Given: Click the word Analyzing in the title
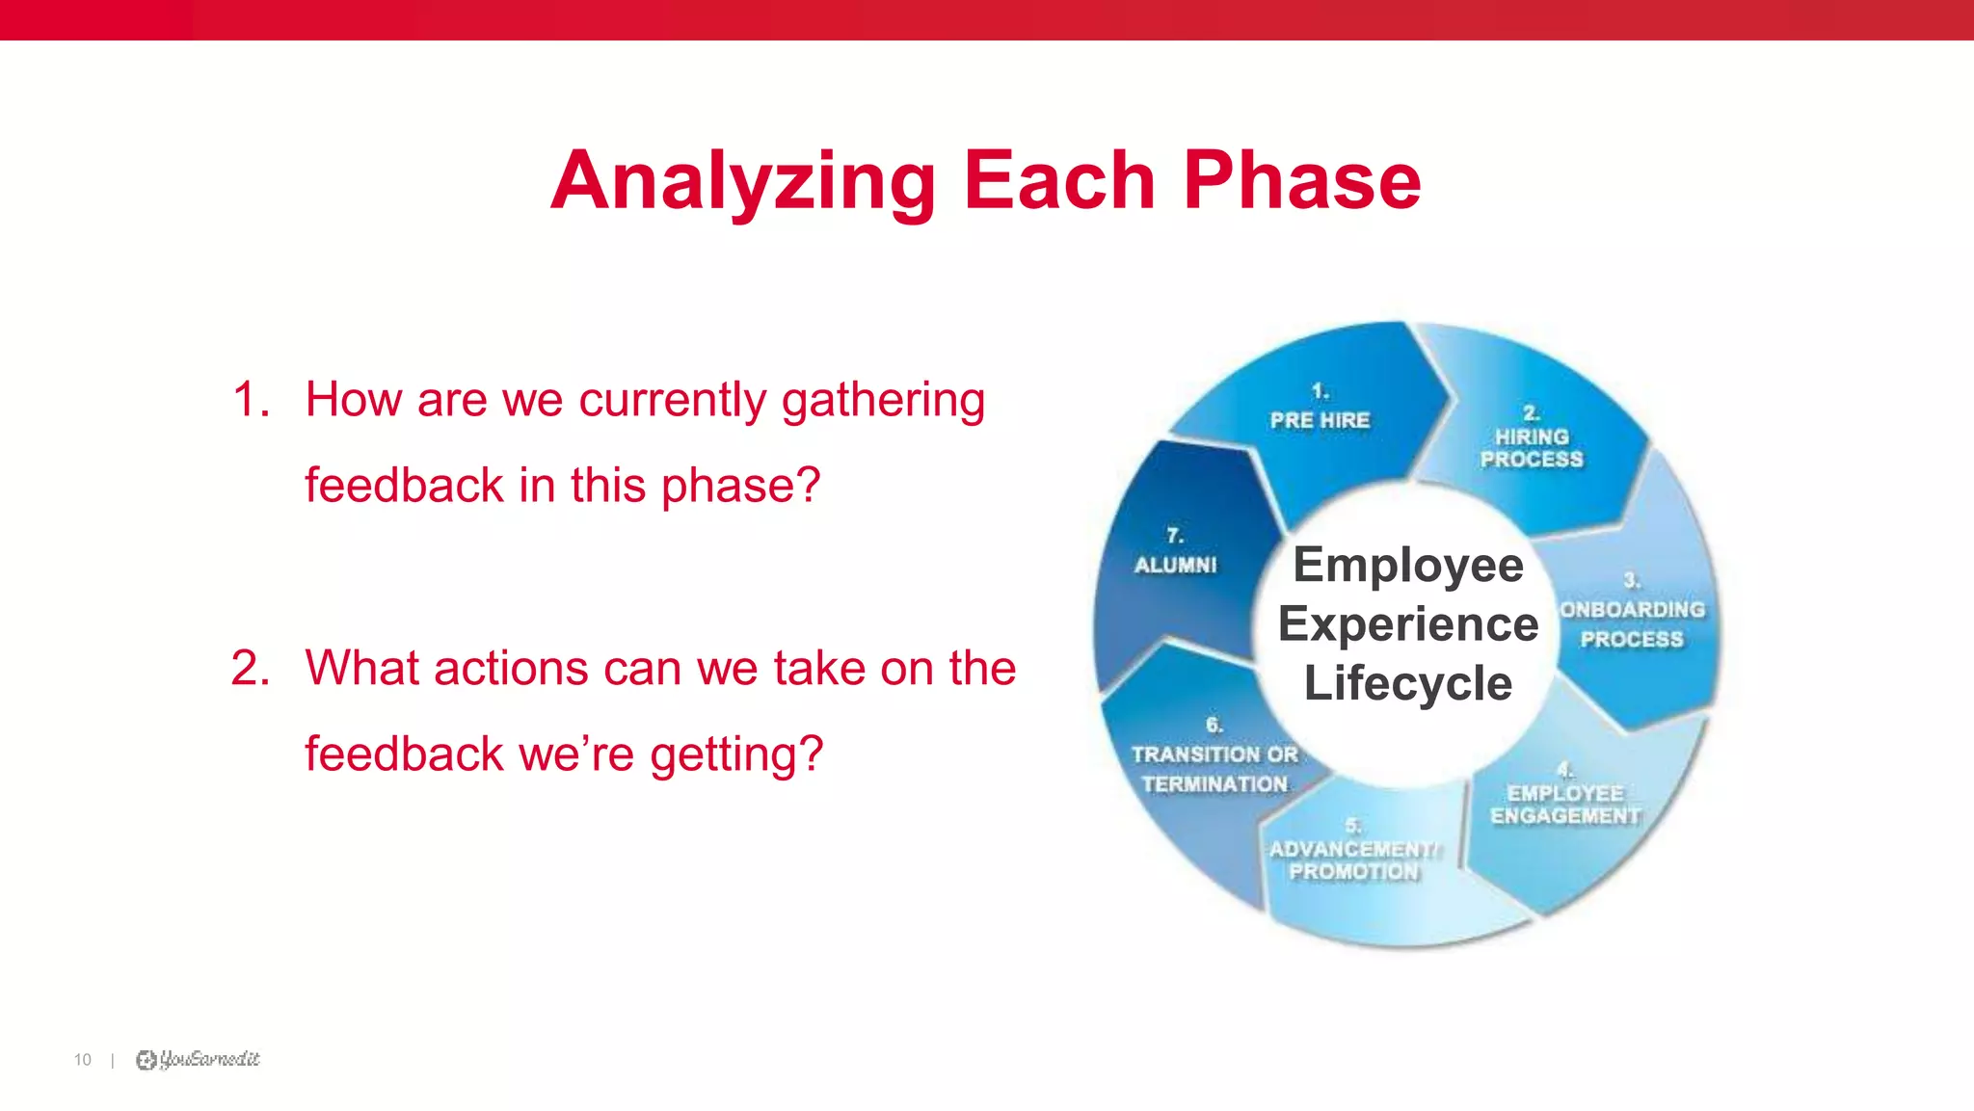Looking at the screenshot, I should pos(742,181).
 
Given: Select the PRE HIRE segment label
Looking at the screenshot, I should pos(1320,420).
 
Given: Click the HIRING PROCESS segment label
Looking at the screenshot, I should pos(1531,448).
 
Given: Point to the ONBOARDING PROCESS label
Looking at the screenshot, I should pos(1632,624).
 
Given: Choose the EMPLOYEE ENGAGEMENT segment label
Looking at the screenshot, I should pos(1565,805).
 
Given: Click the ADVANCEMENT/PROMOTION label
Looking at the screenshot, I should pos(1353,860).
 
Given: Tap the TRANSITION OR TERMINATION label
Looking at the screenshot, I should pos(1214,769).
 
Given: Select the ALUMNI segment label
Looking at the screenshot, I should pos(1176,565).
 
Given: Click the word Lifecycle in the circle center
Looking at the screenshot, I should pos(1407,683).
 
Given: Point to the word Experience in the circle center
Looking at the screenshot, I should pos(1407,624).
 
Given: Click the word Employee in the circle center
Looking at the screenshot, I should pos(1407,565).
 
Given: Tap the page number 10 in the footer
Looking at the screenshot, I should pos(82,1060).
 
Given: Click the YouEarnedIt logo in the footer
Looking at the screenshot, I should pos(199,1060).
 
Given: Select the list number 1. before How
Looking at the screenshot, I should pos(251,400).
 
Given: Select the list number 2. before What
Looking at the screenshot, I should pos(251,669).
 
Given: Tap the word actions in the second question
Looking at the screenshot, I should pos(510,669).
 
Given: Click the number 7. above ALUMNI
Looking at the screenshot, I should pos(1174,535).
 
